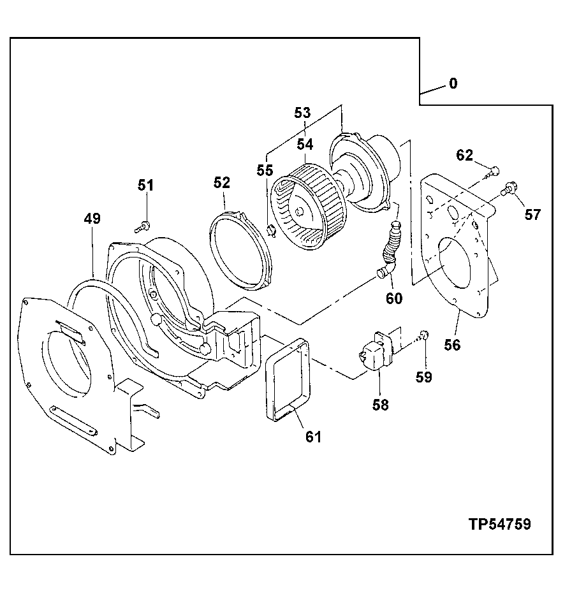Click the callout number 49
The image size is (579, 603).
tap(92, 219)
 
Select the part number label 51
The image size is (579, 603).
tap(146, 185)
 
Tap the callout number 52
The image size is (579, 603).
tap(221, 183)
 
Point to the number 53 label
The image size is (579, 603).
tap(302, 113)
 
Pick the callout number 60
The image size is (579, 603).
tap(394, 297)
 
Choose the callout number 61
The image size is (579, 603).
tap(313, 437)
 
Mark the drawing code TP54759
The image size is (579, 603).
tap(500, 524)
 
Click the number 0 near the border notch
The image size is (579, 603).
tap(453, 84)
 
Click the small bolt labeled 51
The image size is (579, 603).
tap(145, 224)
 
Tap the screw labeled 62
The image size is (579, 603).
tap(492, 170)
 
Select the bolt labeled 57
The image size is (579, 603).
tap(508, 189)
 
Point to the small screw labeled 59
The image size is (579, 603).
tap(425, 335)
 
